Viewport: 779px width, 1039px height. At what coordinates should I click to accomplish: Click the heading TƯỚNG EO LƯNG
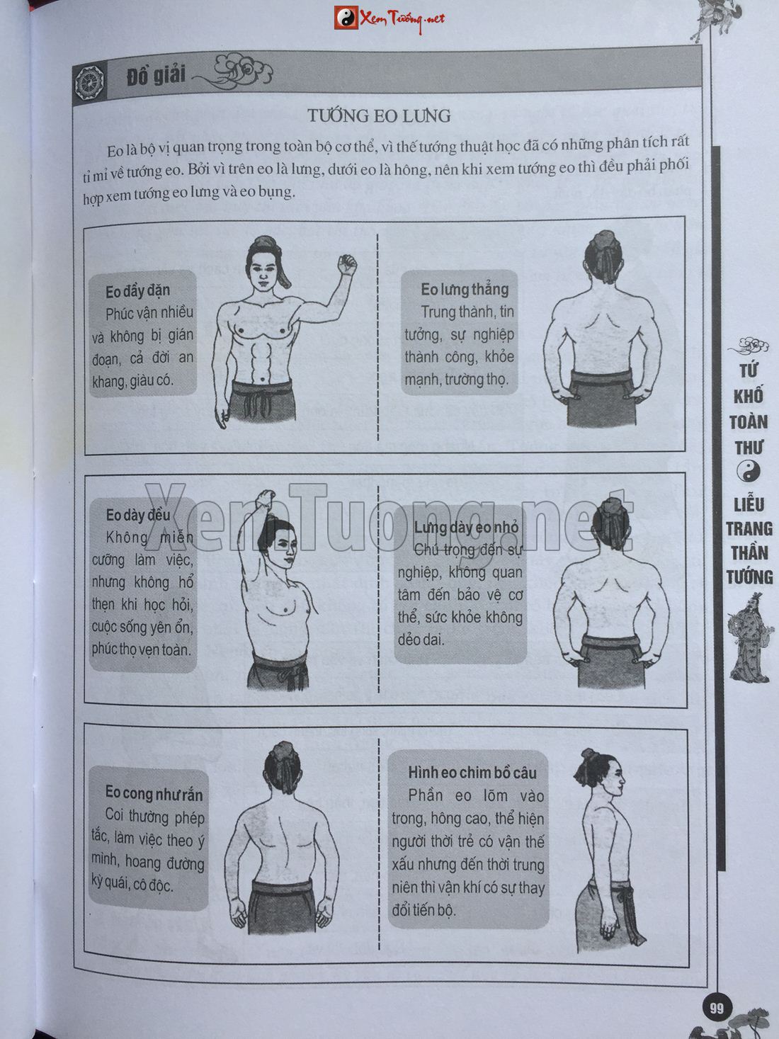[x=379, y=115]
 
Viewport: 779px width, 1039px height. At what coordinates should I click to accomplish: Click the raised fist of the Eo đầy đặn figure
[x=346, y=264]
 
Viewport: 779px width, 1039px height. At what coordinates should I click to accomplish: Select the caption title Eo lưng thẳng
[x=465, y=289]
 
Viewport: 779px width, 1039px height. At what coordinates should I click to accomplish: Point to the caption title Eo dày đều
[x=137, y=515]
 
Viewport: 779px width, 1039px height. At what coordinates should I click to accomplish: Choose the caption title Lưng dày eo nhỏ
[x=466, y=528]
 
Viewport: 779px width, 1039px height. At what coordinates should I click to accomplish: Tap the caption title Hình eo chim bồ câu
[x=472, y=773]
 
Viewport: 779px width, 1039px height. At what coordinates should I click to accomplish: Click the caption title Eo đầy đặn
[x=137, y=290]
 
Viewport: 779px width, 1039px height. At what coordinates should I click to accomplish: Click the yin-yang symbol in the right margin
[x=749, y=472]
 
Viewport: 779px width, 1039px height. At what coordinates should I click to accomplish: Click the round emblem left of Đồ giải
[x=89, y=82]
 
